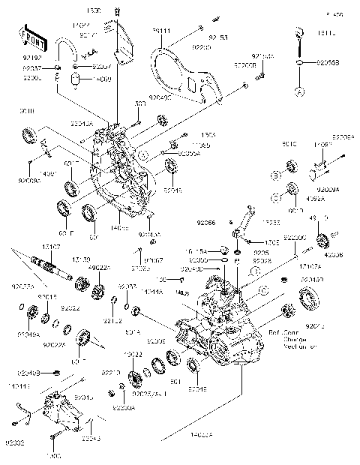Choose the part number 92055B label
[x=328, y=64]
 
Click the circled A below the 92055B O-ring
[x=299, y=91]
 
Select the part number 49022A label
[x=98, y=268]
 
